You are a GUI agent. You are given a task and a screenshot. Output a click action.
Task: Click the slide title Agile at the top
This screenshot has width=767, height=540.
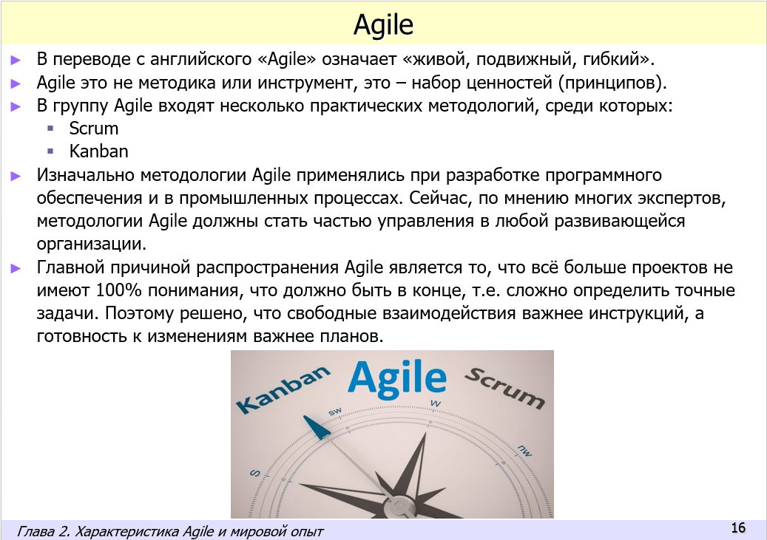[x=383, y=25]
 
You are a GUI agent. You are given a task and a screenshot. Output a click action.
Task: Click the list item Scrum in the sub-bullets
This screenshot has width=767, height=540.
[x=93, y=129]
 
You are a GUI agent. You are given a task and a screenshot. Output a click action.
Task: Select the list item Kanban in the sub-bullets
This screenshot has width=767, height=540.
[x=98, y=151]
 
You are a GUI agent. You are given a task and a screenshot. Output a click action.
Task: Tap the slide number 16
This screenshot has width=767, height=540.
[x=737, y=527]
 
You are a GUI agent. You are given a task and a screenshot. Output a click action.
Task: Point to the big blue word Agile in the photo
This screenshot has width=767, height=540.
[x=397, y=377]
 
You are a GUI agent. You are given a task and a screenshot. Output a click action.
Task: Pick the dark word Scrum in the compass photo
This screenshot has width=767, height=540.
[x=504, y=386]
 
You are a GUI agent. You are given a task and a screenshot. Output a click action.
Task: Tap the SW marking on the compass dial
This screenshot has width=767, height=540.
[x=335, y=411]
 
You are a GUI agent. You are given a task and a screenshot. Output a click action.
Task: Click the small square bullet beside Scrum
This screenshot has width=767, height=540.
[x=50, y=129]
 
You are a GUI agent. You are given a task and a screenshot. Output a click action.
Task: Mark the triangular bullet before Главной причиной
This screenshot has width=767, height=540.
[x=16, y=268]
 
